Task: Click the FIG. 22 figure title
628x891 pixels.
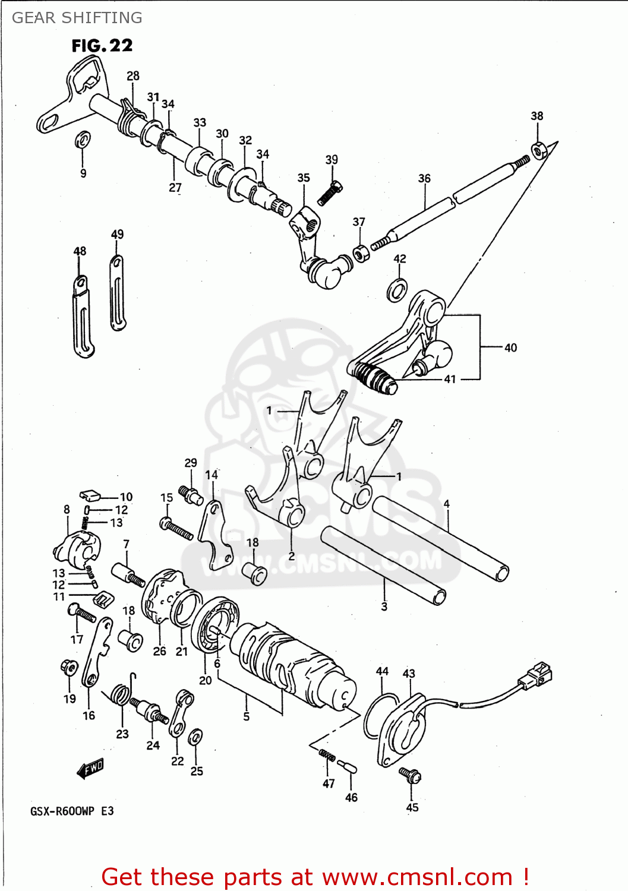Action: coord(102,46)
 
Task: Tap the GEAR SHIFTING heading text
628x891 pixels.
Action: coord(77,18)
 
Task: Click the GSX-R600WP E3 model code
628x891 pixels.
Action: coord(72,811)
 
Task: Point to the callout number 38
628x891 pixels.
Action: coord(537,116)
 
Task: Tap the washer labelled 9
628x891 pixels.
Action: coord(83,140)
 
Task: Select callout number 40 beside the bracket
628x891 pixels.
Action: coord(510,347)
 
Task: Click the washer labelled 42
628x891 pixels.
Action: coord(397,290)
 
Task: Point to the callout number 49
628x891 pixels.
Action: coord(117,234)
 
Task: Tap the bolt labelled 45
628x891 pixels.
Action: coord(411,775)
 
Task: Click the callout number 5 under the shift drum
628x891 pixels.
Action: coord(246,716)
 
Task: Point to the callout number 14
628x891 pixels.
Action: coord(212,475)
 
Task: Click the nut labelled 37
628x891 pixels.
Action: coord(361,253)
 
